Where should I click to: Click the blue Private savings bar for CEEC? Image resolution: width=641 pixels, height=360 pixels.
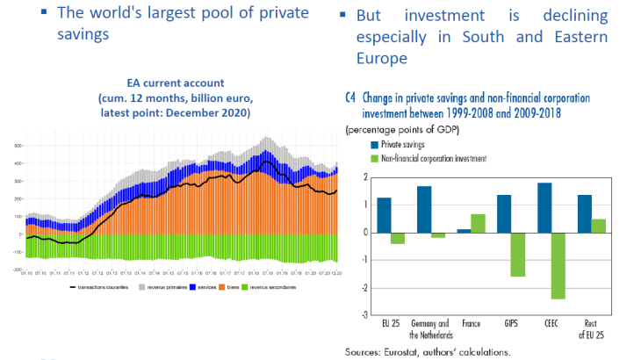tap(544, 208)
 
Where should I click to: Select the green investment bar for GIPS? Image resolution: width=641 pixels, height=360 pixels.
tap(518, 255)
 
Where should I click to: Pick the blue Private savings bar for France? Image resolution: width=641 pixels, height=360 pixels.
tap(463, 230)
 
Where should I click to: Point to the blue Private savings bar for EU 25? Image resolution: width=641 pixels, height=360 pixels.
tap(384, 215)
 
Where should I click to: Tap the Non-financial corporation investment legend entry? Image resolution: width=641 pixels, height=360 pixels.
tap(429, 157)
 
